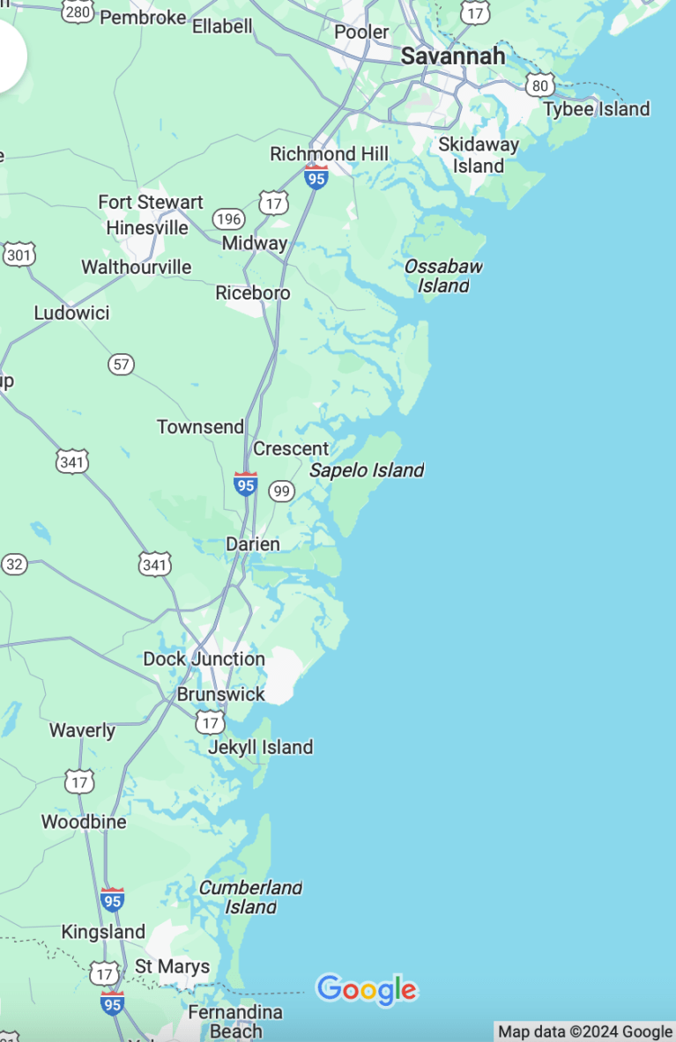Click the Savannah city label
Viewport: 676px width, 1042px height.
coord(453,56)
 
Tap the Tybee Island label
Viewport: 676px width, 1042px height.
coord(596,109)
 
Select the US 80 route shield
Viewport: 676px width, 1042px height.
coord(539,85)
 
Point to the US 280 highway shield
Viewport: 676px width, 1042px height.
coord(78,11)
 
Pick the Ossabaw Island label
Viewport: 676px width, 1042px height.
coord(443,276)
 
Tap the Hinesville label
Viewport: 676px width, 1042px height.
coord(147,228)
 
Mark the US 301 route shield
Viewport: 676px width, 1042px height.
coord(19,255)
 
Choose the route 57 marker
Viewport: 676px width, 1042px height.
coord(122,363)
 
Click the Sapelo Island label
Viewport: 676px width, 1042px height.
coord(367,470)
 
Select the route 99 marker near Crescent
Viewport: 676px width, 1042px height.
coord(281,491)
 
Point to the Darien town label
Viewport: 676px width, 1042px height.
coord(253,544)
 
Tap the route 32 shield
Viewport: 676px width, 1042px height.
coord(14,565)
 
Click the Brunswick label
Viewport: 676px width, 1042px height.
coord(220,694)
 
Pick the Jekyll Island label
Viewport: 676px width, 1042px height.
coord(260,747)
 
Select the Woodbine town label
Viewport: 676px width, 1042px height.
coord(84,822)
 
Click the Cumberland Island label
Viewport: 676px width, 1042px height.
coord(250,897)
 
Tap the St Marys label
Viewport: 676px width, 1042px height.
coord(172,966)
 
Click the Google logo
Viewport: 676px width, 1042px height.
coord(366,989)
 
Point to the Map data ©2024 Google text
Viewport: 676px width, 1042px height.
coord(585,1031)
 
